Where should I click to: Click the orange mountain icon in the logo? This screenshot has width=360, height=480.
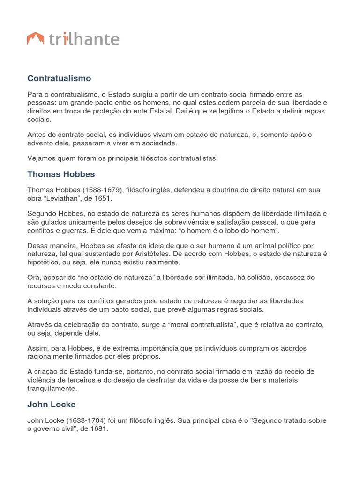[x=36, y=39]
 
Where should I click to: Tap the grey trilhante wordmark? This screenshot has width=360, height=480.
[x=84, y=39]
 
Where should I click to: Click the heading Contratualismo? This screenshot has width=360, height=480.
[x=59, y=78]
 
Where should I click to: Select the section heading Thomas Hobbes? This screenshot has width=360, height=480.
[x=61, y=174]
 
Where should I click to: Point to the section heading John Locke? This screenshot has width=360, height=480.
[x=51, y=404]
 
